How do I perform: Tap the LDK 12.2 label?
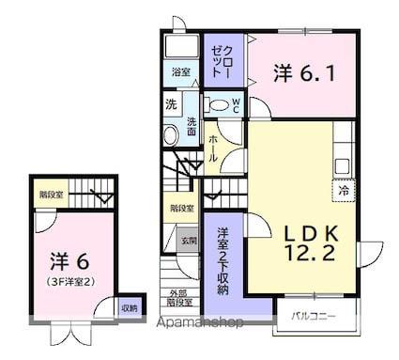tap(297, 241)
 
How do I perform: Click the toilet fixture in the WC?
tap(215, 105)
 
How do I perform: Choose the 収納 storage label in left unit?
tap(129, 307)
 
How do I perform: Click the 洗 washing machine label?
tap(171, 103)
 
